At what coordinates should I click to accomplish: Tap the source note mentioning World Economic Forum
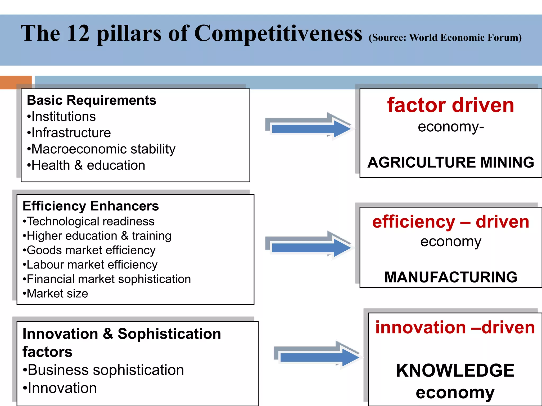pos(445,38)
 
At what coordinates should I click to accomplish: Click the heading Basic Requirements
pos(92,100)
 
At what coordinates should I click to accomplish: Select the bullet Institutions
pos(61,117)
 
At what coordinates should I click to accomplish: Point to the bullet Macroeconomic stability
pos(101,149)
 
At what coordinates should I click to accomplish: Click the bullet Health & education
pos(86,165)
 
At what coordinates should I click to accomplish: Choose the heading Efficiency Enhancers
pos(91,206)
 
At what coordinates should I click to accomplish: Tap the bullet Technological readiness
pos(89,221)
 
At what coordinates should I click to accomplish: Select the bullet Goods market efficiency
pos(89,250)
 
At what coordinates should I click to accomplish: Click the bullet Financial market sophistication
pos(107,279)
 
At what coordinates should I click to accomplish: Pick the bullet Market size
pos(56,293)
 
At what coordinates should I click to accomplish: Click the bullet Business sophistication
pos(103,370)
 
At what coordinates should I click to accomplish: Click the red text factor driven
pos(450,105)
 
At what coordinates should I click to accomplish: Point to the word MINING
pos(507,162)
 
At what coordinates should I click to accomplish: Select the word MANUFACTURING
pos(451,277)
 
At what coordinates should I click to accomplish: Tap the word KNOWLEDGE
pos(455,370)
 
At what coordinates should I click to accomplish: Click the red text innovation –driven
pos(455,327)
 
